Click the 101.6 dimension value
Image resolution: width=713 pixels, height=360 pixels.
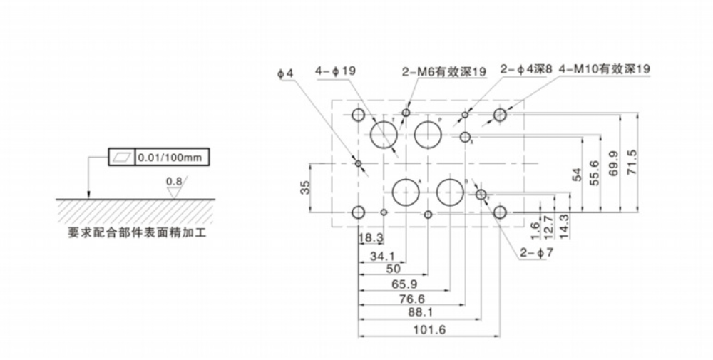pyautogui.click(x=429, y=330)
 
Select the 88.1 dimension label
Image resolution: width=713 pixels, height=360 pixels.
pyautogui.click(x=420, y=312)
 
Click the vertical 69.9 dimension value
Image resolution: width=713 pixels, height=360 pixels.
pyautogui.click(x=614, y=165)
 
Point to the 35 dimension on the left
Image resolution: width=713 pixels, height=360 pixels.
pyautogui.click(x=305, y=188)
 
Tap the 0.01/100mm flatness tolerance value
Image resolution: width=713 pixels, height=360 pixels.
pyautogui.click(x=171, y=156)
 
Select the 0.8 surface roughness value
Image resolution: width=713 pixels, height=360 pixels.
pyautogui.click(x=173, y=182)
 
